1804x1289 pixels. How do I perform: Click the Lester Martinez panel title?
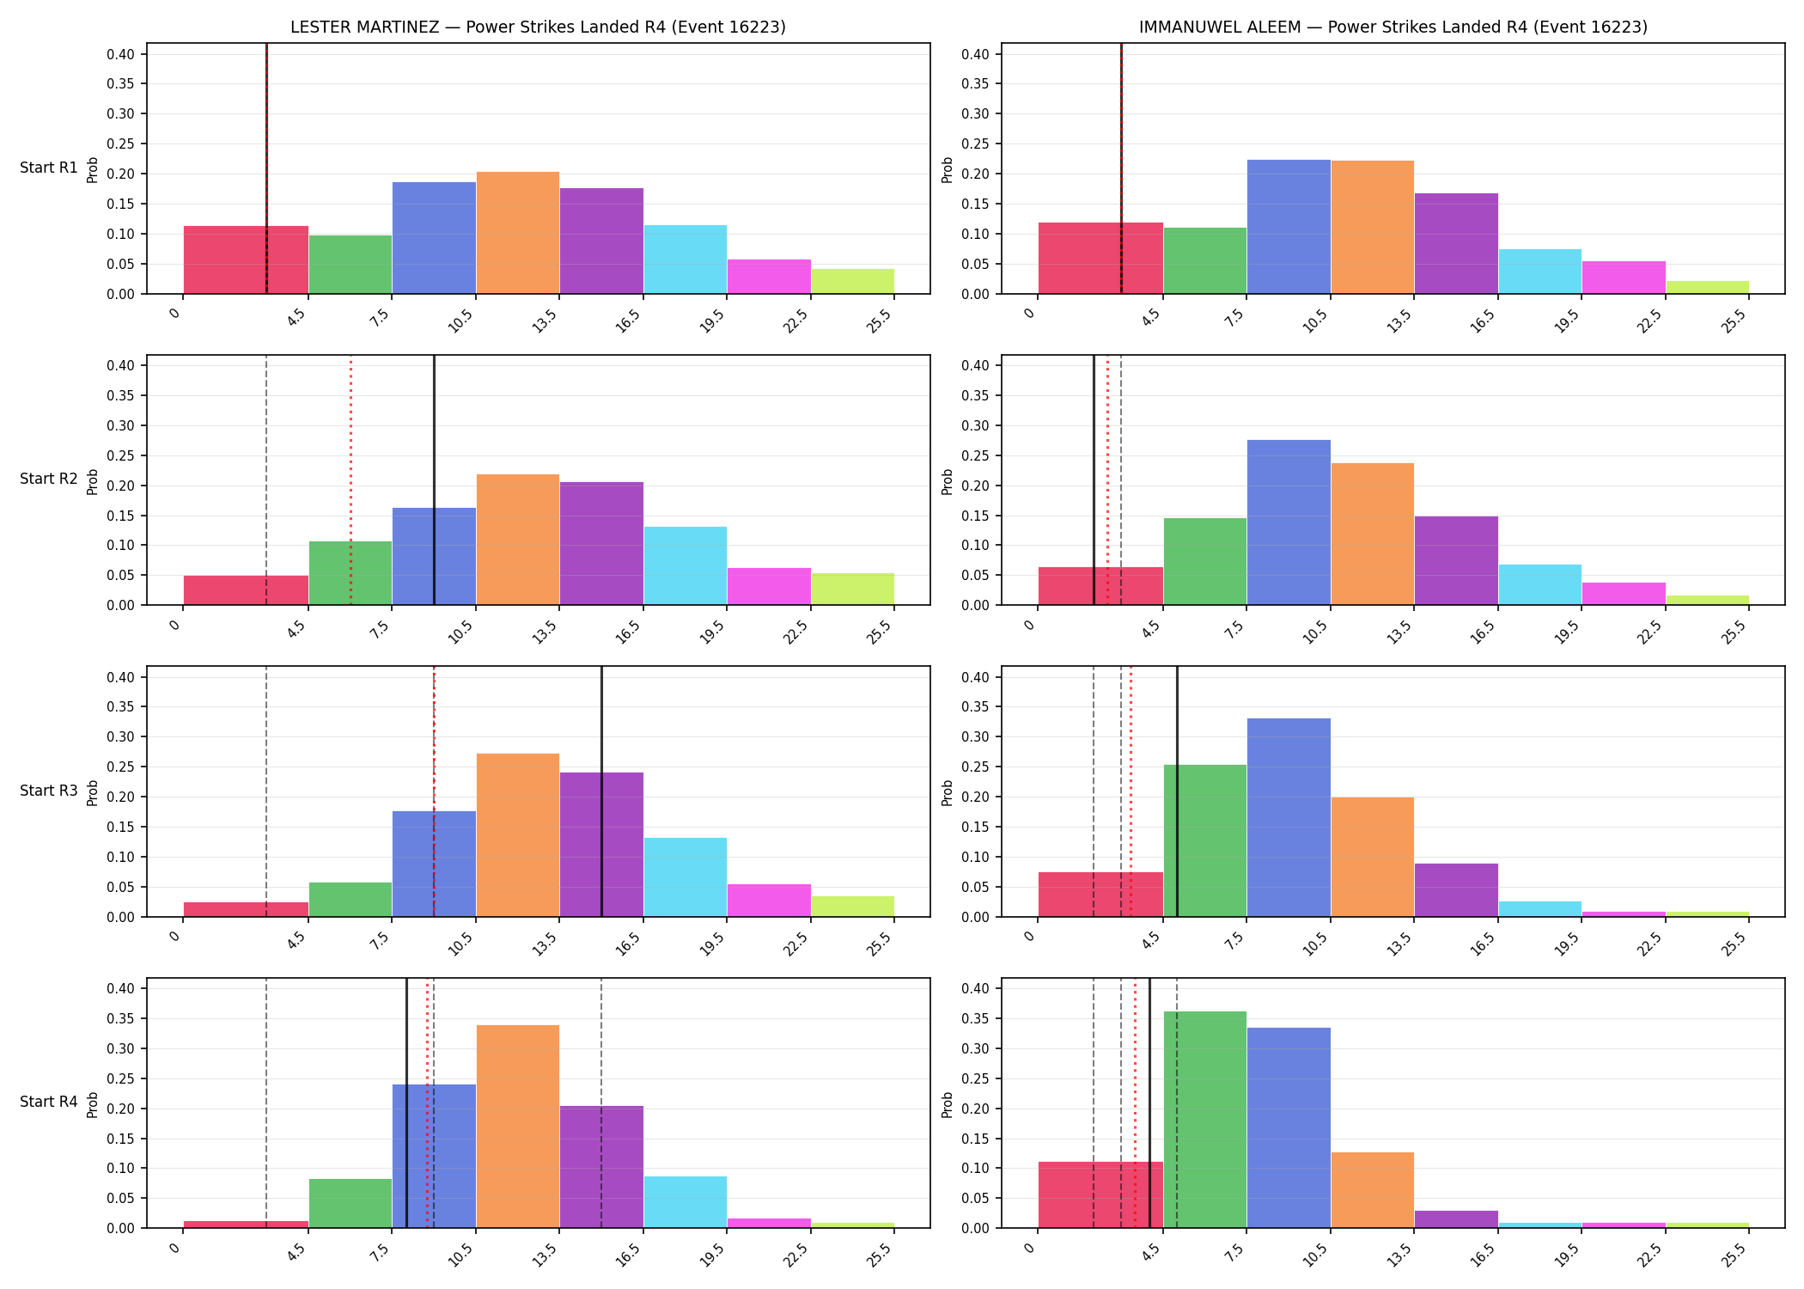pyautogui.click(x=538, y=27)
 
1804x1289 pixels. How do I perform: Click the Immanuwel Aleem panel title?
pyautogui.click(x=1393, y=27)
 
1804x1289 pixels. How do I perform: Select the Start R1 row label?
pyautogui.click(x=49, y=168)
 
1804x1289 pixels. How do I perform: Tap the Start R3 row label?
pyautogui.click(x=49, y=791)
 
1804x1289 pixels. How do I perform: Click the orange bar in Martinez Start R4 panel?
pyautogui.click(x=518, y=1126)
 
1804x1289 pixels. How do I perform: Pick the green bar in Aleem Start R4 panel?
pyautogui.click(x=1204, y=1119)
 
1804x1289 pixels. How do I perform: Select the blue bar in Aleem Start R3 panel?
pyautogui.click(x=1289, y=817)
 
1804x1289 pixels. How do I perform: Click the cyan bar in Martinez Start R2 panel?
pyautogui.click(x=686, y=565)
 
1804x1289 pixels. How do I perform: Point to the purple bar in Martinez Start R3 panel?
pyautogui.click(x=601, y=844)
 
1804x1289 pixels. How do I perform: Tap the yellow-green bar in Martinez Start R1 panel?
pyautogui.click(x=853, y=281)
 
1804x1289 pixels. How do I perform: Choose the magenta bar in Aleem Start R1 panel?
pyautogui.click(x=1624, y=277)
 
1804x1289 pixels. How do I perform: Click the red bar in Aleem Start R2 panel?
pyautogui.click(x=1100, y=585)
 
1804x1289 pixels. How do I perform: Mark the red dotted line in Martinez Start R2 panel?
pyautogui.click(x=350, y=480)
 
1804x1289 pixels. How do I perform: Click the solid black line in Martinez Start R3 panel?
pyautogui.click(x=601, y=791)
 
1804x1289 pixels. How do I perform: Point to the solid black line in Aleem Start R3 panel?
pyautogui.click(x=1177, y=791)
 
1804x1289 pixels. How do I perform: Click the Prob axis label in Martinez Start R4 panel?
pyautogui.click(x=93, y=1104)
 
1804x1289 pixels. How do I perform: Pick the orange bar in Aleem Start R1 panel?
pyautogui.click(x=1372, y=227)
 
